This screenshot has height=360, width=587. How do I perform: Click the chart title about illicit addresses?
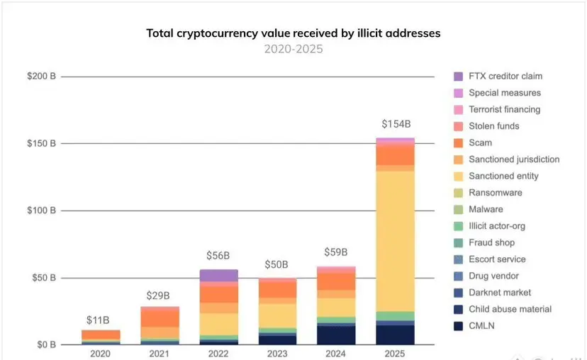(x=293, y=33)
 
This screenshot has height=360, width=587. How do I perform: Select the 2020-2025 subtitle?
(x=293, y=49)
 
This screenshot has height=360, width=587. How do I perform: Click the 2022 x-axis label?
(x=219, y=353)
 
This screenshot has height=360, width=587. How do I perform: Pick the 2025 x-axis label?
(x=396, y=353)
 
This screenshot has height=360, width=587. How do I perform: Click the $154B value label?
(x=396, y=125)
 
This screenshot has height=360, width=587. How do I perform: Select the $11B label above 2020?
(x=101, y=320)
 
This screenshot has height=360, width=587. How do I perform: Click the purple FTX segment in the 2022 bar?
(x=219, y=276)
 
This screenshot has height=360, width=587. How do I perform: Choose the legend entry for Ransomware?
(x=496, y=193)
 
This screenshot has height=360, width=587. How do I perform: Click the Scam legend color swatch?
(x=458, y=143)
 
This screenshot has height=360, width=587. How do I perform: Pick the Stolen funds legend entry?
(x=493, y=126)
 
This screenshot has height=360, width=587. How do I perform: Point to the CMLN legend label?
(x=481, y=326)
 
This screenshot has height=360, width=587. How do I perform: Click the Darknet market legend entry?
(x=500, y=293)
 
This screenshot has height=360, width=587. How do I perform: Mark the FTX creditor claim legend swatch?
(x=458, y=77)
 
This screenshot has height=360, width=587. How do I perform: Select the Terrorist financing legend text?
(x=504, y=110)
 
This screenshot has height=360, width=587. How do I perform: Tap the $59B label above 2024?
(x=336, y=252)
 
